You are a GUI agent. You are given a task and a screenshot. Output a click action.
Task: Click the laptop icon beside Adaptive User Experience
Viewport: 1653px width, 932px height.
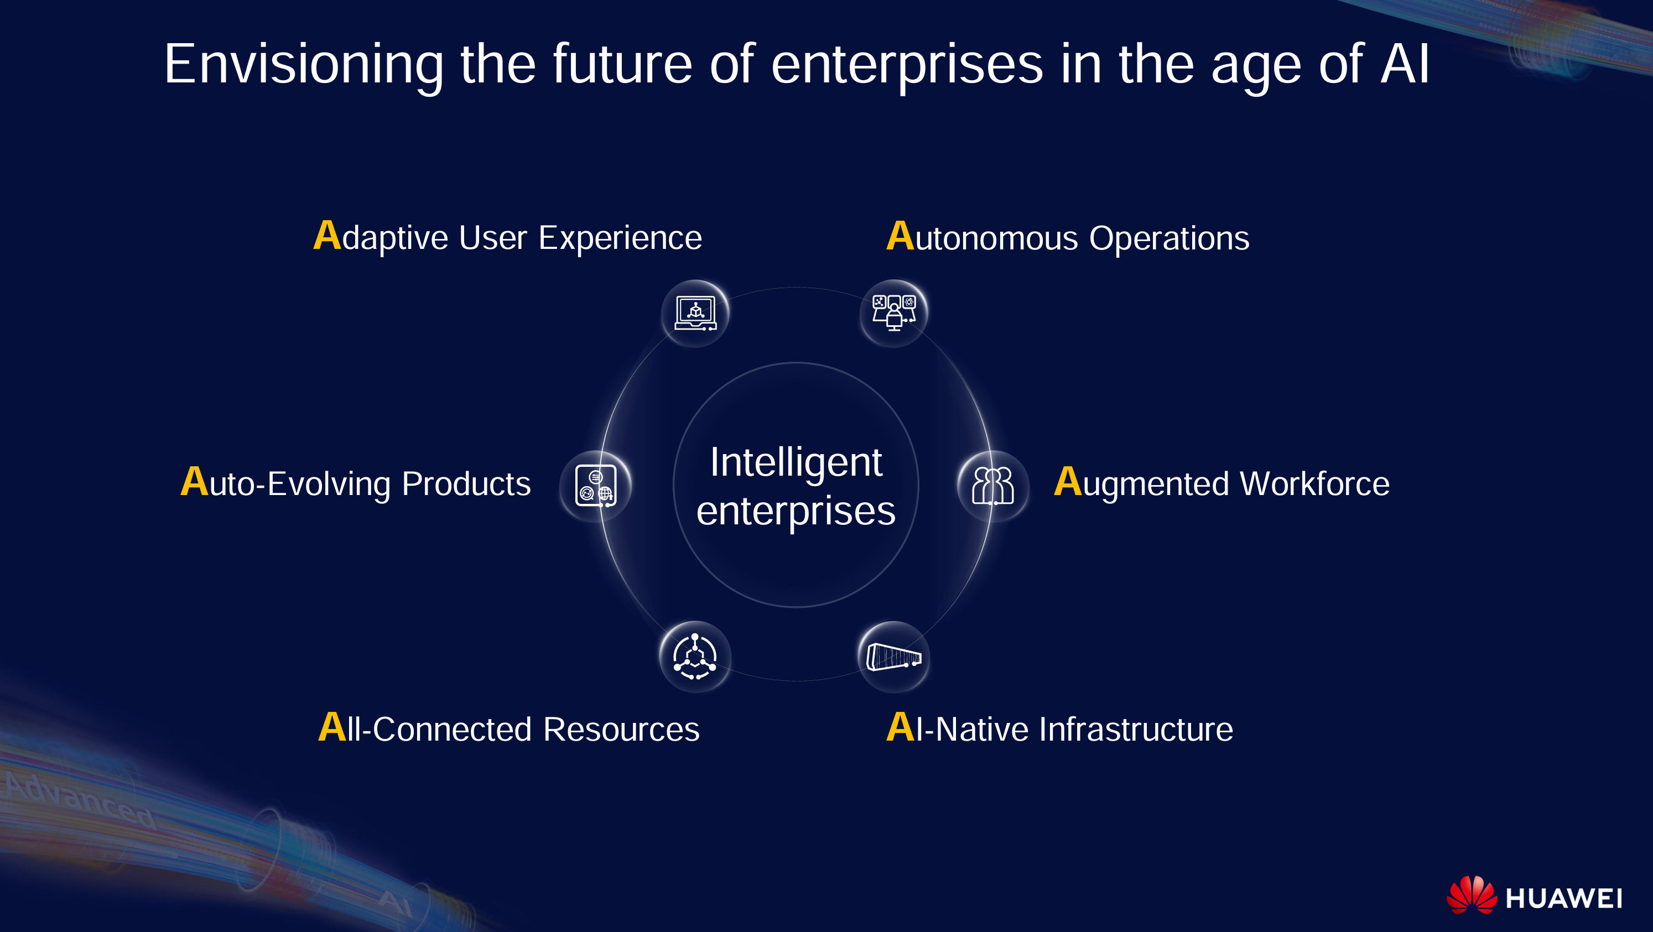click(x=695, y=313)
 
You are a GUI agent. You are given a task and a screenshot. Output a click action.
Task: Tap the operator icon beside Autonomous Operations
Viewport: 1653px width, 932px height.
click(x=894, y=313)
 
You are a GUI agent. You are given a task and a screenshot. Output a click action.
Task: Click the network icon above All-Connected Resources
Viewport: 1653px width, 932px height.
click(x=695, y=656)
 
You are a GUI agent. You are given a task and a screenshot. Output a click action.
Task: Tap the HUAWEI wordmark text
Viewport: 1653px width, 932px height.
click(x=1564, y=898)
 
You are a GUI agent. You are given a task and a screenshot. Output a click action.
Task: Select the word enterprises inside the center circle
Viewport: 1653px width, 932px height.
click(x=796, y=511)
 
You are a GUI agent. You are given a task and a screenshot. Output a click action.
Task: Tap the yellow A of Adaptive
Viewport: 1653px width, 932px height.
click(x=326, y=236)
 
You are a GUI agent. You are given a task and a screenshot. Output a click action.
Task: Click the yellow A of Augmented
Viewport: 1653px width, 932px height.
click(x=1068, y=482)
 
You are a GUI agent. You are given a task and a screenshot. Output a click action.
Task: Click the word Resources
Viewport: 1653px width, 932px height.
click(x=621, y=730)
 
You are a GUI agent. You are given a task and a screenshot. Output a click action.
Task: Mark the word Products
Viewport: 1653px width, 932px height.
click(x=466, y=483)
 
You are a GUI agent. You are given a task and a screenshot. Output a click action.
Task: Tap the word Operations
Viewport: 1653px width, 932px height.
click(x=1169, y=238)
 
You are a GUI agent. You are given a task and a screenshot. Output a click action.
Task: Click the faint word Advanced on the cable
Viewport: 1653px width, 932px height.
click(x=80, y=799)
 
